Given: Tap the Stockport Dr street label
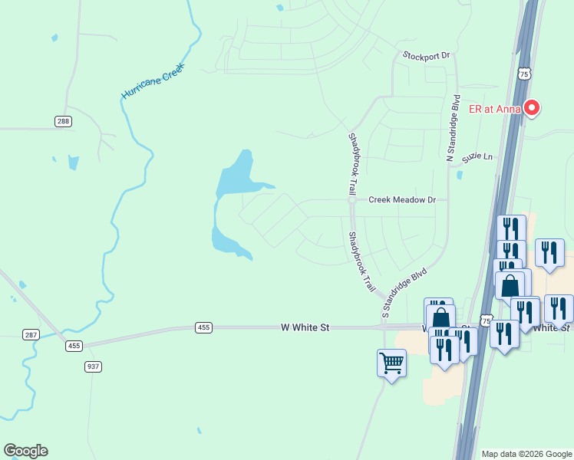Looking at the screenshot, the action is coord(426,56).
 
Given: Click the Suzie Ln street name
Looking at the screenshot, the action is coord(477,158).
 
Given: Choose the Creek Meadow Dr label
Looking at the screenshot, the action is coord(401,199).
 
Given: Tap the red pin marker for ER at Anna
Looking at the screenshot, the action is coord(531,108).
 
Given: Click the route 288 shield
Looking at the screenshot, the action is coord(63,121).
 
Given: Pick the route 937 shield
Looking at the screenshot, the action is coord(93,366).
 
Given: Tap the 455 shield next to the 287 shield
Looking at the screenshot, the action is coord(74,346).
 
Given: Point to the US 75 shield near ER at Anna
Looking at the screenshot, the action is coord(523,74).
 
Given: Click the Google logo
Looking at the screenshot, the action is coord(25,451).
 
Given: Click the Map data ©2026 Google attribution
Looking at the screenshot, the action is coord(525,454).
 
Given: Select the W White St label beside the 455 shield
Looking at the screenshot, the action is coord(305,327).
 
